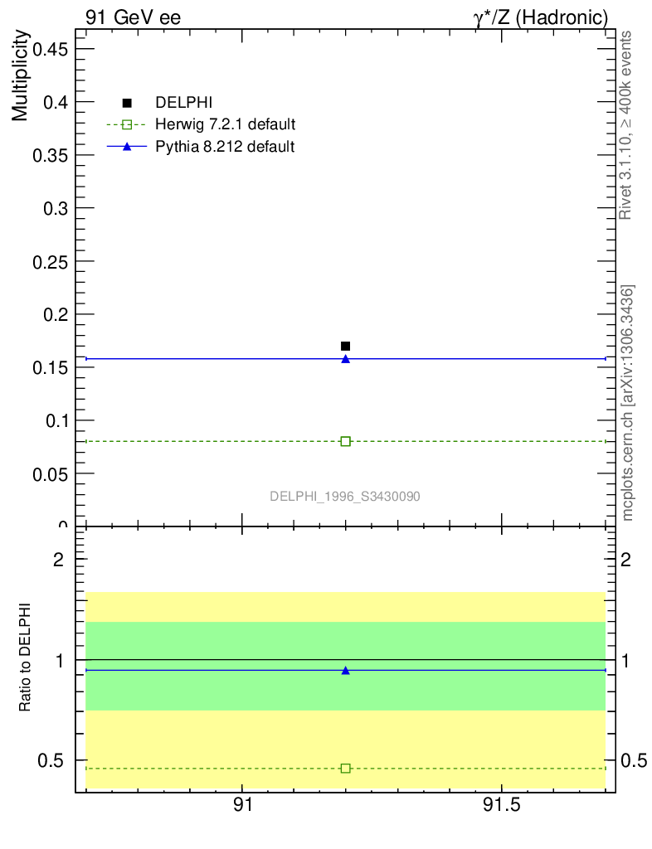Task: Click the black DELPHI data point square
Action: tap(345, 346)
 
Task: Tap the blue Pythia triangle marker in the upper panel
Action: tap(345, 359)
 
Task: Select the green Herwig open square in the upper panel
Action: tap(345, 441)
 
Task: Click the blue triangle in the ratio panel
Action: tap(345, 670)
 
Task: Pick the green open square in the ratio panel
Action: tap(345, 769)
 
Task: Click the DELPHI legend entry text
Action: tap(184, 103)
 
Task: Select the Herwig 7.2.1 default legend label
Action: tap(226, 125)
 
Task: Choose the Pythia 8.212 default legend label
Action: tap(225, 147)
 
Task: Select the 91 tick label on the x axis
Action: tap(242, 805)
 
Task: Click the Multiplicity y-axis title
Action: tap(21, 76)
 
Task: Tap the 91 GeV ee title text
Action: tap(133, 17)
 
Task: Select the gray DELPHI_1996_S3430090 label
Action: tap(345, 496)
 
